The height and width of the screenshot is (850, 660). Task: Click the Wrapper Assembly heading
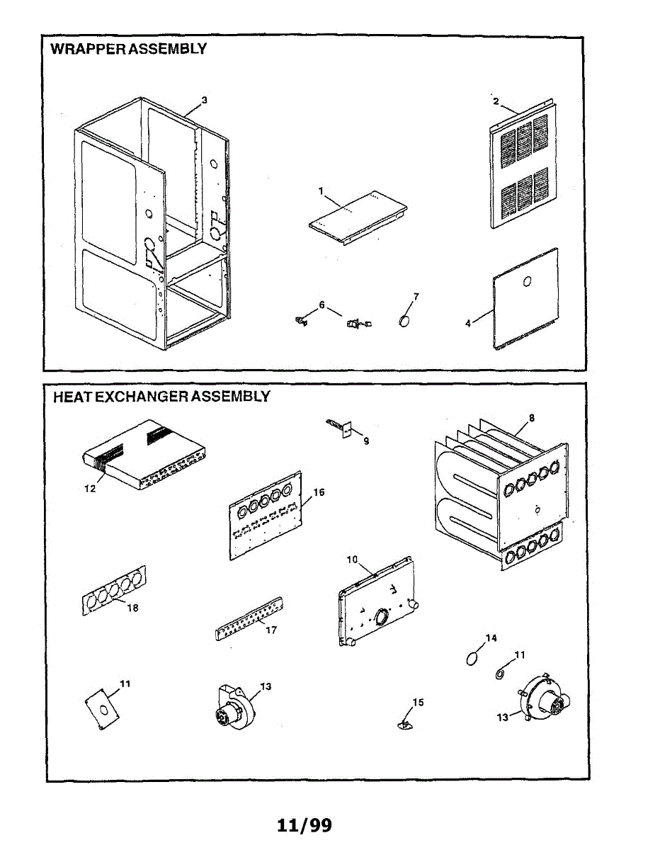point(128,49)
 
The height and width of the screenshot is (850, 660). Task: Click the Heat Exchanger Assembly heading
point(161,397)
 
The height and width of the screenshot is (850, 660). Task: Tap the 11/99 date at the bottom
point(305,825)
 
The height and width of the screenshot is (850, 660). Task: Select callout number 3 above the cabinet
point(204,101)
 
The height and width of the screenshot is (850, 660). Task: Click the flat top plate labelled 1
point(358,215)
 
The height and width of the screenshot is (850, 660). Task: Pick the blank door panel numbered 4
point(525,299)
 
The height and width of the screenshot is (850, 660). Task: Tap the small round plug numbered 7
point(405,321)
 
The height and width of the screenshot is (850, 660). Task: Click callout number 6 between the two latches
point(322,305)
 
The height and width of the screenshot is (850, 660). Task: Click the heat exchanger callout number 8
point(531,418)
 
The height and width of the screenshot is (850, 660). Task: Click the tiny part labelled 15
point(404,723)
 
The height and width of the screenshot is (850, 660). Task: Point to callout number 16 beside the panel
point(319,492)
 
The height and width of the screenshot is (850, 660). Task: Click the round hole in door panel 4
point(526,282)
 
